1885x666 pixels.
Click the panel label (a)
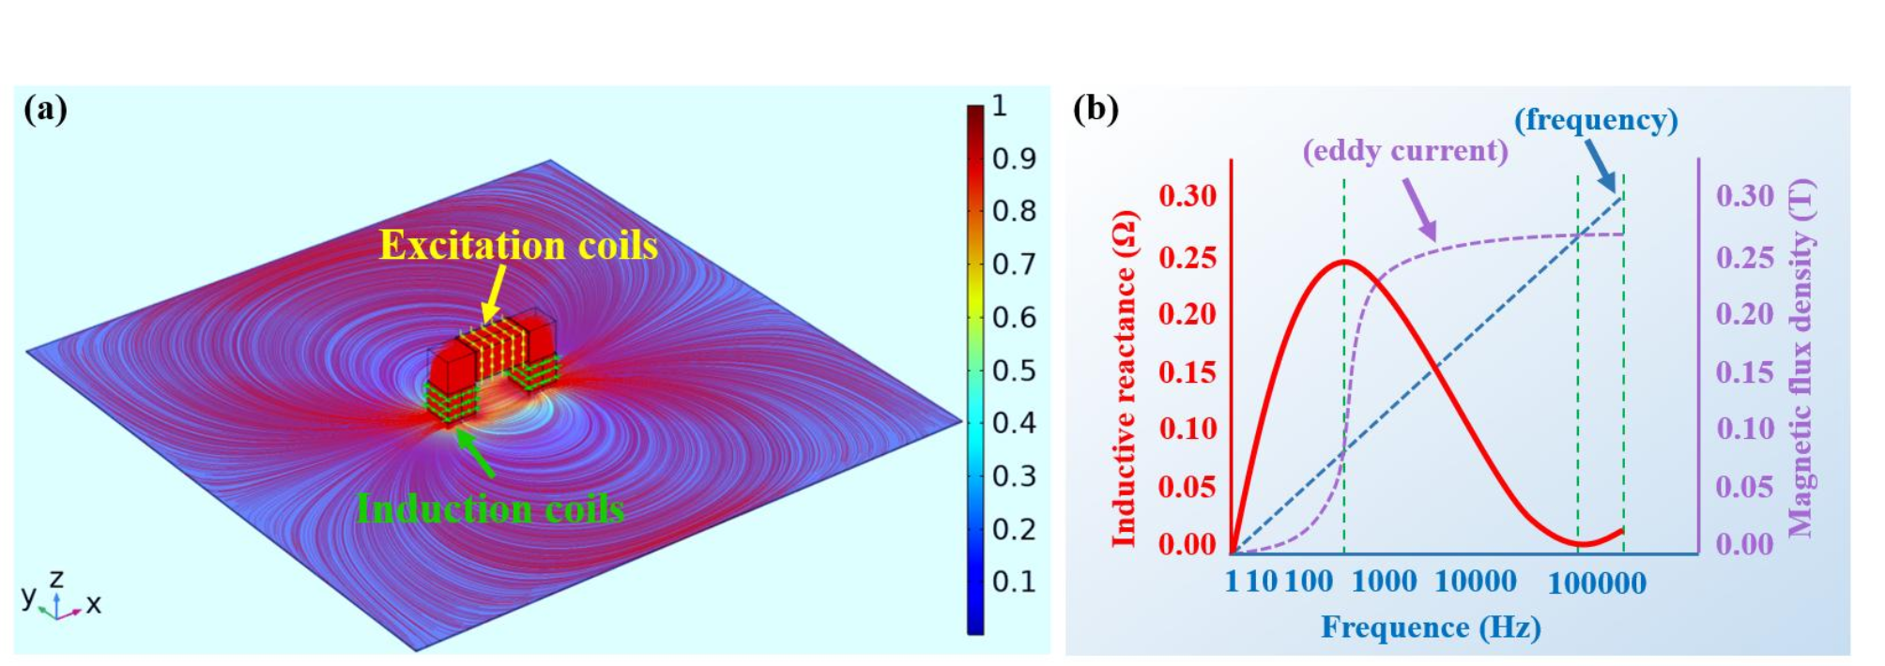(46, 110)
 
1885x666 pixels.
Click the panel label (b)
(1096, 109)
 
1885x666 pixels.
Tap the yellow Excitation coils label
(518, 245)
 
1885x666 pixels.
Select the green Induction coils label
(490, 508)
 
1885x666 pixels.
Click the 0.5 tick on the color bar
(1014, 371)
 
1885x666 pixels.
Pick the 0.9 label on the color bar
(1014, 159)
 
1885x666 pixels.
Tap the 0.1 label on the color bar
(1014, 582)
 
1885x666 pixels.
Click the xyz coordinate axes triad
(58, 598)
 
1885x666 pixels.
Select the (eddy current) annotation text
(1405, 150)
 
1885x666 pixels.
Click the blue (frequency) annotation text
(1596, 119)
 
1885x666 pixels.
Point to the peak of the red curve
(1344, 261)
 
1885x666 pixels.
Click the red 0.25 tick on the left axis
(1188, 257)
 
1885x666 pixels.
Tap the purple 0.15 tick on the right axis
(1744, 372)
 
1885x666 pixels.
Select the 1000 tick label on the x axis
(1384, 582)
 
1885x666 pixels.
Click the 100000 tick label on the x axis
(1596, 583)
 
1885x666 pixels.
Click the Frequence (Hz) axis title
(1431, 627)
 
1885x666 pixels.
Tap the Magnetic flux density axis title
(1801, 358)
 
